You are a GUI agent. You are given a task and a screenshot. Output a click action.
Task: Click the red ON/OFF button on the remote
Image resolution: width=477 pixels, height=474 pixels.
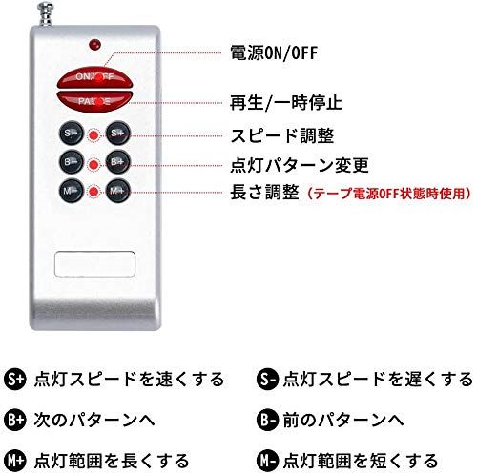pyautogui.click(x=94, y=77)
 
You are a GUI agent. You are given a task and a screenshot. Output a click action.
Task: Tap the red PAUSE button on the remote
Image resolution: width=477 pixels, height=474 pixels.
pyautogui.click(x=94, y=101)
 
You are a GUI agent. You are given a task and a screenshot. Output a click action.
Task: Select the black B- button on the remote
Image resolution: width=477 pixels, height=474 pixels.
pyautogui.click(x=72, y=161)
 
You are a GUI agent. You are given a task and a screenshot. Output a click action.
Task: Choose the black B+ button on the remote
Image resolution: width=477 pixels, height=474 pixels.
pyautogui.click(x=117, y=161)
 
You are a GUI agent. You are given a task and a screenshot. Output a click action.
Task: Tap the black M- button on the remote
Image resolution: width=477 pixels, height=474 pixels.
pyautogui.click(x=72, y=191)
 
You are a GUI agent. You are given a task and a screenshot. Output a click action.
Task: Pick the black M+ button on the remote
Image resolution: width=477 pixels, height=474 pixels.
pyautogui.click(x=117, y=191)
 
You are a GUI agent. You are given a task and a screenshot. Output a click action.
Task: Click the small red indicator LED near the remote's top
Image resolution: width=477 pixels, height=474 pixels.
pyautogui.click(x=94, y=44)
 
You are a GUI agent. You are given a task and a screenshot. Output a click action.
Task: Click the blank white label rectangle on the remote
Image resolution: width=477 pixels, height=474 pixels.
pyautogui.click(x=94, y=264)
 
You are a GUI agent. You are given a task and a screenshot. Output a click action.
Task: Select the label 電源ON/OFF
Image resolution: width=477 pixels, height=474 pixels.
pyautogui.click(x=274, y=52)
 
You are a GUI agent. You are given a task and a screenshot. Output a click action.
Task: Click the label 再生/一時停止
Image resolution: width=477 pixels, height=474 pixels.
pyautogui.click(x=286, y=102)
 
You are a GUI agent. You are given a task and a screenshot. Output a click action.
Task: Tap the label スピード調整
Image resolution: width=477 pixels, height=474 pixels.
pyautogui.click(x=281, y=135)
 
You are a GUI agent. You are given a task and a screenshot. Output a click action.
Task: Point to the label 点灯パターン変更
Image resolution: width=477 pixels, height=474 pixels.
pyautogui.click(x=300, y=165)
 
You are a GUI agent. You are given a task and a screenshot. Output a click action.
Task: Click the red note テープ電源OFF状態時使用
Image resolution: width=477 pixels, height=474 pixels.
pyautogui.click(x=388, y=194)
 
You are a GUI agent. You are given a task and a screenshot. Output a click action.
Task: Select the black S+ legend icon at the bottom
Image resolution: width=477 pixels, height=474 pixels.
pyautogui.click(x=14, y=380)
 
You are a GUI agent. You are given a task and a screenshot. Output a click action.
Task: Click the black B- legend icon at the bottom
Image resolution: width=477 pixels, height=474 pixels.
pyautogui.click(x=267, y=420)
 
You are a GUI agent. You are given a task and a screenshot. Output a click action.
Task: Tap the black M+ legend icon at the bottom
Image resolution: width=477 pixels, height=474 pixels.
pyautogui.click(x=14, y=461)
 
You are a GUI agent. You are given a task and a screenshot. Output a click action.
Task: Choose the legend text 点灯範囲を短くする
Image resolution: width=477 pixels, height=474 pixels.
pyautogui.click(x=361, y=461)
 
